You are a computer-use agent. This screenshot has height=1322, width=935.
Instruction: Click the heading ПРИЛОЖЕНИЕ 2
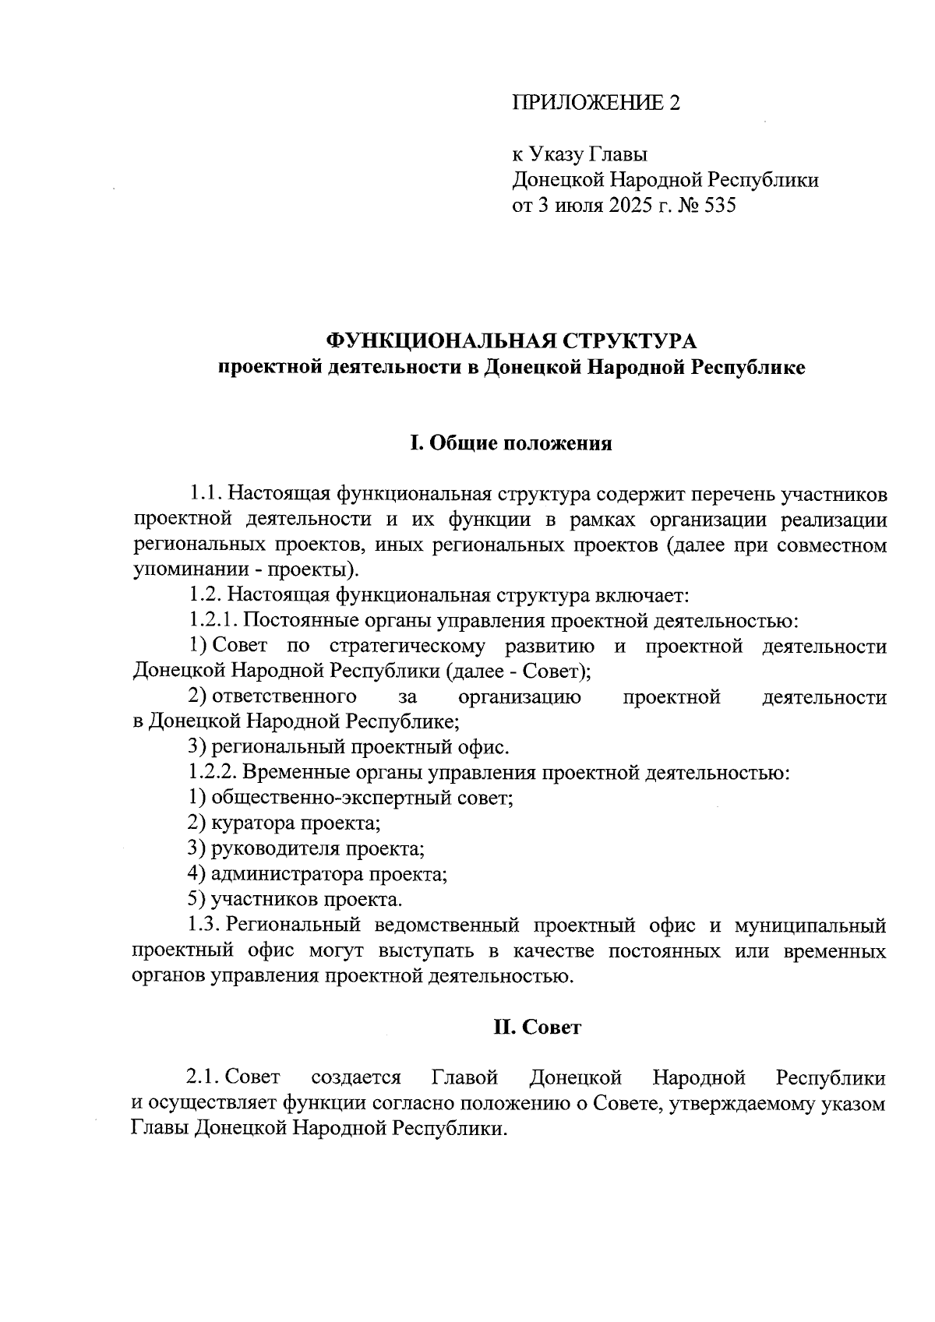(596, 103)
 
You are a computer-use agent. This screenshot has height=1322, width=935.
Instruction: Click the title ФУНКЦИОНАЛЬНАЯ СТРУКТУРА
(510, 341)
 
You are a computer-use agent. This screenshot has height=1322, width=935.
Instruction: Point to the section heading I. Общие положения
(510, 444)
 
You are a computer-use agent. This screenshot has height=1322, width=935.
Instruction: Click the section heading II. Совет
(537, 1028)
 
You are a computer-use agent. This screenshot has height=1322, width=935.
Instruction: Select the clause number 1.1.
(205, 495)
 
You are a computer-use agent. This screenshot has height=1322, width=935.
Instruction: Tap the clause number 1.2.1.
(213, 622)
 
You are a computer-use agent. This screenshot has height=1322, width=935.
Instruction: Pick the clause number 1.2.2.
(213, 774)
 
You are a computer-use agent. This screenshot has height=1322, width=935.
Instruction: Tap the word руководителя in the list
(274, 849)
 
